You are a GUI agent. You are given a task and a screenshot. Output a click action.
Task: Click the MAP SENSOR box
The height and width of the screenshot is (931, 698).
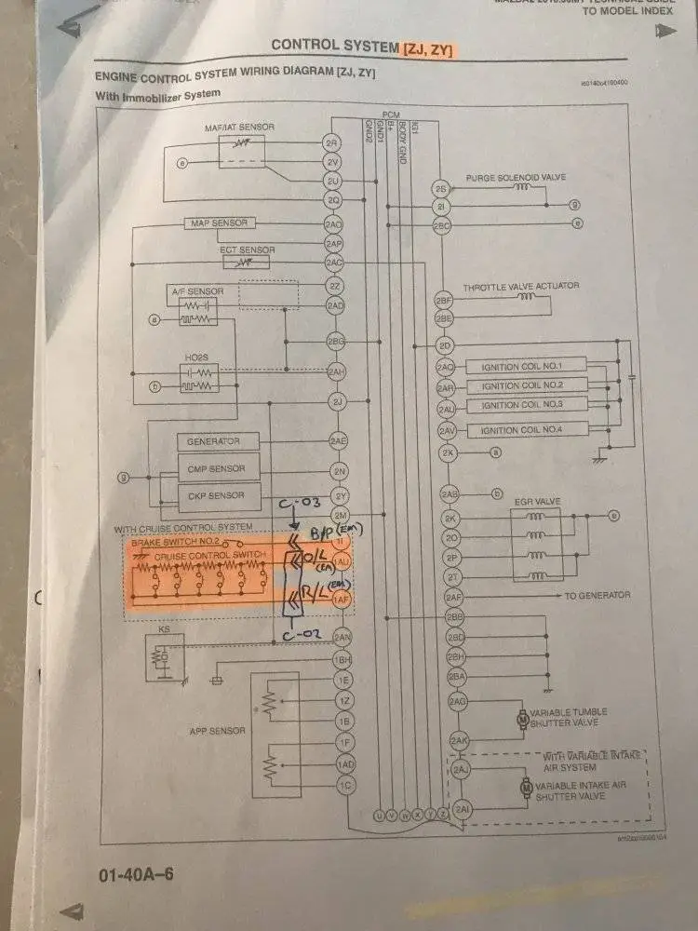[x=219, y=223]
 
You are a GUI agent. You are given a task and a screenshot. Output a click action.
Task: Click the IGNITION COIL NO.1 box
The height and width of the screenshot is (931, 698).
[x=533, y=364]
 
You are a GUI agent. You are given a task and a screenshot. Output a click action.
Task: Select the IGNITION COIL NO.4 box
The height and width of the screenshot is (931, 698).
[x=533, y=429]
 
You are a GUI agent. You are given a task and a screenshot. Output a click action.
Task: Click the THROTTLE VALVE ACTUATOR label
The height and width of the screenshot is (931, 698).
[x=520, y=286]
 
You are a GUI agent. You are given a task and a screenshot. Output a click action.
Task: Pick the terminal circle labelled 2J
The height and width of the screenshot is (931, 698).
[x=337, y=402]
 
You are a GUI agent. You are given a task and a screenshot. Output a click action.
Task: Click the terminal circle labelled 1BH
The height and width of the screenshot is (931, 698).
[x=342, y=659]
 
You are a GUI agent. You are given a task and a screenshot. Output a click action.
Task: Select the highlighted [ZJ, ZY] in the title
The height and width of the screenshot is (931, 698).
[x=427, y=48]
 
